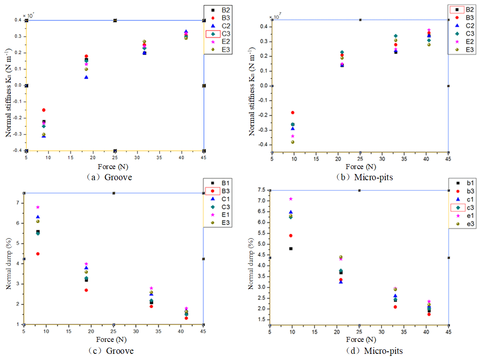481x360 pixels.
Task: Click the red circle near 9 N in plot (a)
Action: pyautogui.click(x=44, y=110)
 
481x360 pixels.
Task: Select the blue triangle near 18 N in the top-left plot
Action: pyautogui.click(x=86, y=77)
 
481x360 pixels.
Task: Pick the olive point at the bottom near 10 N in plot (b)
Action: pyautogui.click(x=293, y=142)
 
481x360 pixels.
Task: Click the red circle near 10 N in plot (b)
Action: pyautogui.click(x=293, y=112)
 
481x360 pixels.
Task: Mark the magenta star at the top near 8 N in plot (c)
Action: pyautogui.click(x=38, y=207)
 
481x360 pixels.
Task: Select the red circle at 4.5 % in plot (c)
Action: pyautogui.click(x=38, y=253)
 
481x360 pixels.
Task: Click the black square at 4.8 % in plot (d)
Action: pyautogui.click(x=291, y=249)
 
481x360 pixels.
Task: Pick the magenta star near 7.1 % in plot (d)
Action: pyautogui.click(x=291, y=199)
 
